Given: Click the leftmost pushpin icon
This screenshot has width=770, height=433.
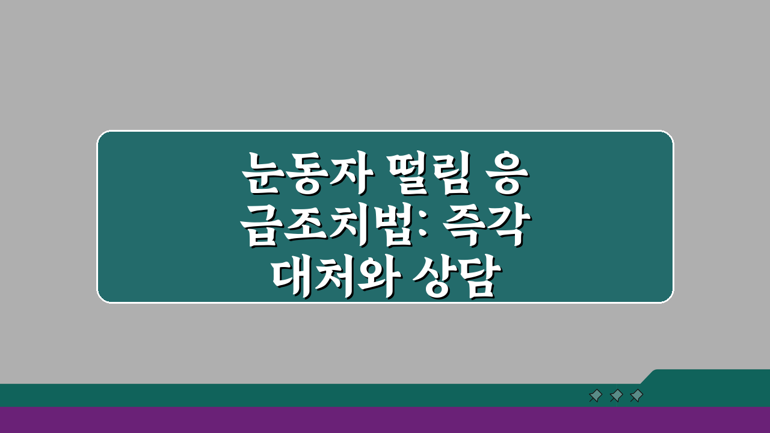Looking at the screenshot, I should (x=596, y=396).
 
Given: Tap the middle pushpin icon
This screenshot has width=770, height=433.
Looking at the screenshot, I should (x=616, y=396).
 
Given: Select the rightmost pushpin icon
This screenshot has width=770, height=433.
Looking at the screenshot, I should (x=636, y=396).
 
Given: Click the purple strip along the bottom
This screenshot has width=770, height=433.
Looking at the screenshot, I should (x=385, y=420).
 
